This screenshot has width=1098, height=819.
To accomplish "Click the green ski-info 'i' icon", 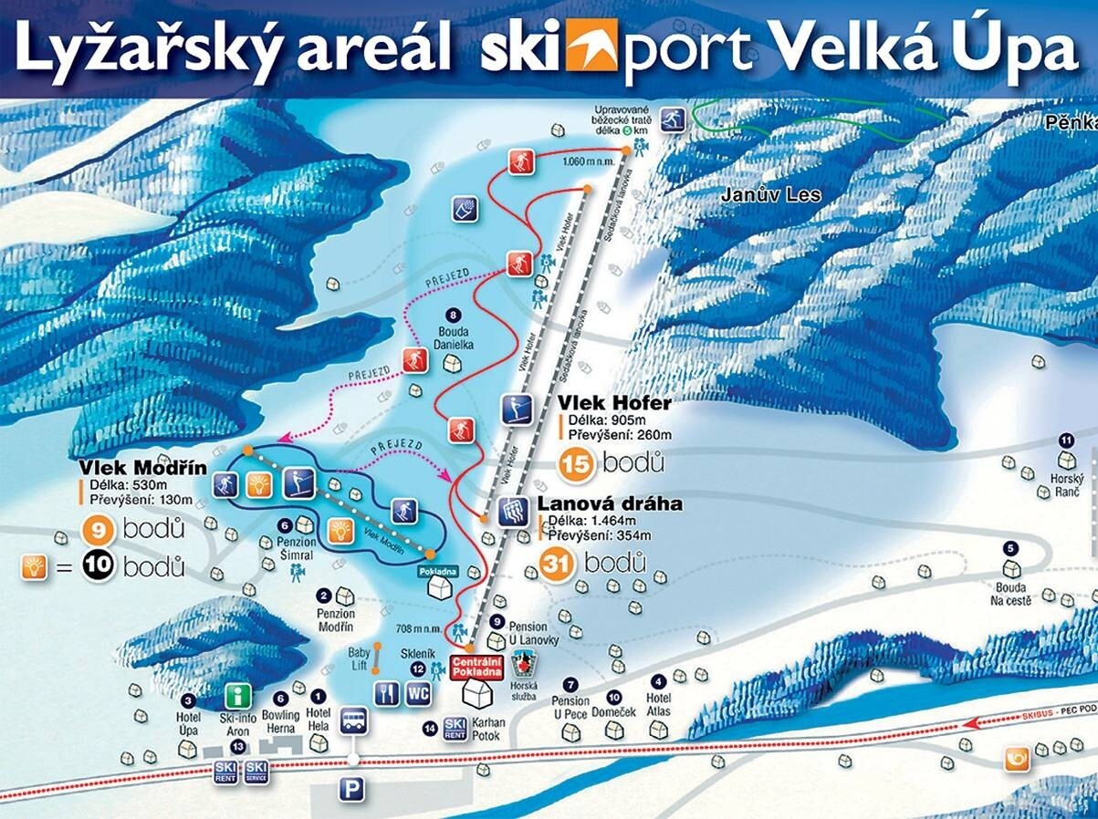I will (x=238, y=697).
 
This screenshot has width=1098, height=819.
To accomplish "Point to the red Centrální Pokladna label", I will (x=478, y=666).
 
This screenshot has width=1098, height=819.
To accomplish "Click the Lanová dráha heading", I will (x=610, y=504).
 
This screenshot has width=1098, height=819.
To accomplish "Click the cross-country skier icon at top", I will (x=674, y=119).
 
